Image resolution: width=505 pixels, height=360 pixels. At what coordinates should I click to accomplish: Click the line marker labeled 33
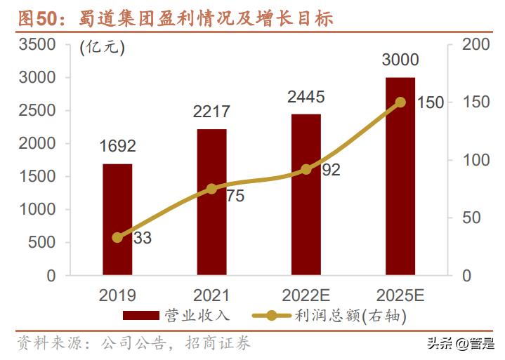pyautogui.click(x=117, y=237)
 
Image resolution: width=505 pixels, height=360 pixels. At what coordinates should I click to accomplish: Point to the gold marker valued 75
pyautogui.click(x=211, y=189)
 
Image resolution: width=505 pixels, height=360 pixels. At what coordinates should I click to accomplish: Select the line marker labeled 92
pyautogui.click(x=306, y=169)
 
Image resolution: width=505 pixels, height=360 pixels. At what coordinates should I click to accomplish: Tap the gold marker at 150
pyautogui.click(x=400, y=102)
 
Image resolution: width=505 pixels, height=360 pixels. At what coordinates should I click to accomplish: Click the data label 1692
pyautogui.click(x=117, y=146)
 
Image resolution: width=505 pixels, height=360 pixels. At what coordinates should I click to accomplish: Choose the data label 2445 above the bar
pyautogui.click(x=306, y=97)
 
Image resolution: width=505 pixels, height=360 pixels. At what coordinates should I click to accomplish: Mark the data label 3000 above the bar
pyautogui.click(x=400, y=60)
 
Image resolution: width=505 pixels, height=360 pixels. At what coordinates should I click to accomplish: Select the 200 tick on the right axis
pyautogui.click(x=472, y=45)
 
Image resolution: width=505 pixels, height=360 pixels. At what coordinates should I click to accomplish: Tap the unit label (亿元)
pyautogui.click(x=103, y=48)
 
